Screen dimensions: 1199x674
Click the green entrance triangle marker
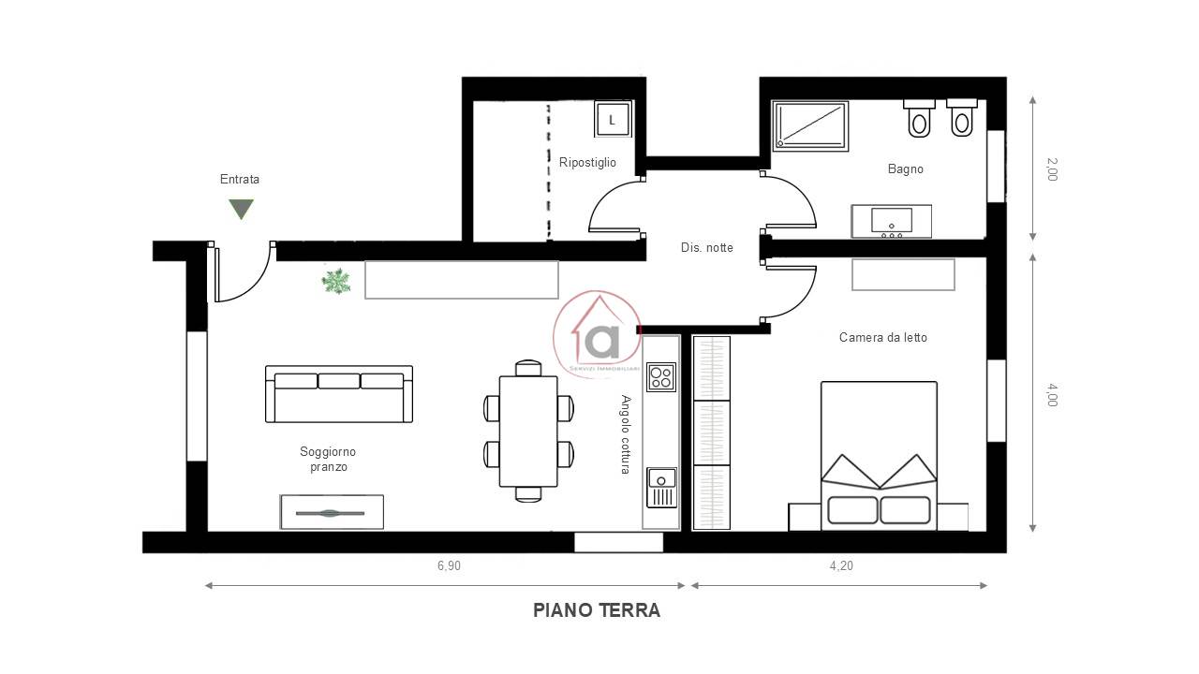[x=241, y=209]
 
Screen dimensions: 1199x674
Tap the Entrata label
[x=240, y=179]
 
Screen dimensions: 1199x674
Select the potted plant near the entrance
[x=336, y=282]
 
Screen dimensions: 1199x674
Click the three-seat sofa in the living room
[x=339, y=394]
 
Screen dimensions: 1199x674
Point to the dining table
[x=528, y=432]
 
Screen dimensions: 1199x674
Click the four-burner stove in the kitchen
[x=661, y=377]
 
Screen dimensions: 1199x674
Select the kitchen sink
[x=661, y=488]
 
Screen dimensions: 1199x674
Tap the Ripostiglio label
[x=587, y=162]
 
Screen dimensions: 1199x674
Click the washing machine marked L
[x=613, y=119]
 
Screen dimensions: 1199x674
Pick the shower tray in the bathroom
[x=810, y=125]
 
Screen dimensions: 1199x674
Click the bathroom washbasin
[x=891, y=221]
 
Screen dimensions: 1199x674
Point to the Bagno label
[x=905, y=169]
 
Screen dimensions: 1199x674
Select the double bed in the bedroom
[x=879, y=456]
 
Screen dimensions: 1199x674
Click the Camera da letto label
[x=882, y=338]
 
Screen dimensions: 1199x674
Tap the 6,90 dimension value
[x=449, y=566]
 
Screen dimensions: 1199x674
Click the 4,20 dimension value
[x=841, y=566]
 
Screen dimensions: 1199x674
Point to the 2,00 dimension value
[x=1052, y=169]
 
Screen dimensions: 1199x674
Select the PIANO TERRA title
[x=597, y=610]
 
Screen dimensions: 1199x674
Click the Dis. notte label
[x=706, y=248]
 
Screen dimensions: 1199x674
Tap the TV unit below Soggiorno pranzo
[x=332, y=512]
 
